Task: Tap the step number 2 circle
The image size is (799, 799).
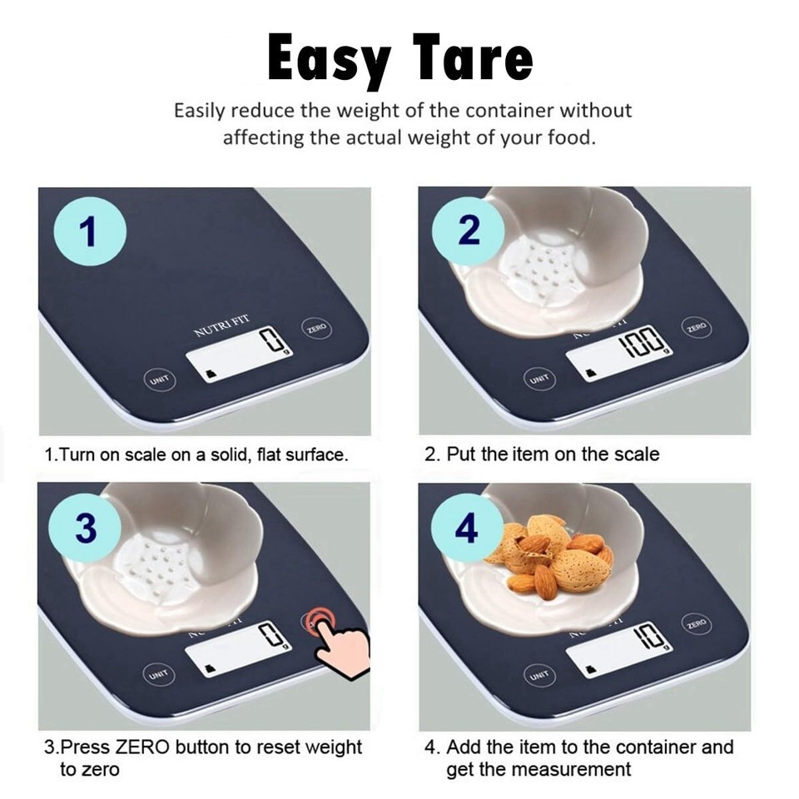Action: pyautogui.click(x=469, y=231)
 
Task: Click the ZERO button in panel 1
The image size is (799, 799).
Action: pyautogui.click(x=317, y=329)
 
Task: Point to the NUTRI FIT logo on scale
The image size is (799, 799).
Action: pyautogui.click(x=221, y=325)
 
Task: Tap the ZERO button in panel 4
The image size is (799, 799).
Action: pyautogui.click(x=696, y=623)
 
